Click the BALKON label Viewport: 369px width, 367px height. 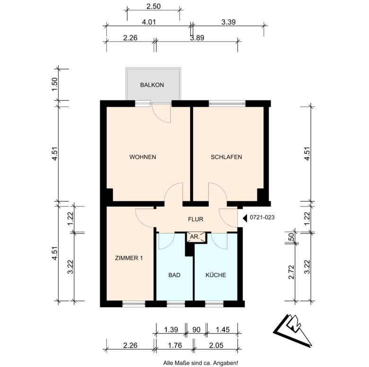152,85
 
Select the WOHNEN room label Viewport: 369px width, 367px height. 142,157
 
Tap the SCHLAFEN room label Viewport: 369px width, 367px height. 227,157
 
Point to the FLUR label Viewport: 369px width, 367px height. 195,219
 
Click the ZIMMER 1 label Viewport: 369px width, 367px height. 129,258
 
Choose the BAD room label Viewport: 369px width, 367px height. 175,275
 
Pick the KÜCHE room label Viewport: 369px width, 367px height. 216,275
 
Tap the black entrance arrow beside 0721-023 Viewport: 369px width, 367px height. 245,218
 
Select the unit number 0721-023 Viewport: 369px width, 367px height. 262,217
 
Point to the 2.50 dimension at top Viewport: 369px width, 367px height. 153,6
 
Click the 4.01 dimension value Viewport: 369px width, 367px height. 149,22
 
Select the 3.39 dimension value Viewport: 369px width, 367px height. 228,22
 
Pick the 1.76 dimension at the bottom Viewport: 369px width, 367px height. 175,345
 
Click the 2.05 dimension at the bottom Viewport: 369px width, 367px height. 216,345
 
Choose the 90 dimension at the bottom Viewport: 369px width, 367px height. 196,330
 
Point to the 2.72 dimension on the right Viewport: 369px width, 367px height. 291,272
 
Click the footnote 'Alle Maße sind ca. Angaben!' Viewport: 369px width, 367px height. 201,363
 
